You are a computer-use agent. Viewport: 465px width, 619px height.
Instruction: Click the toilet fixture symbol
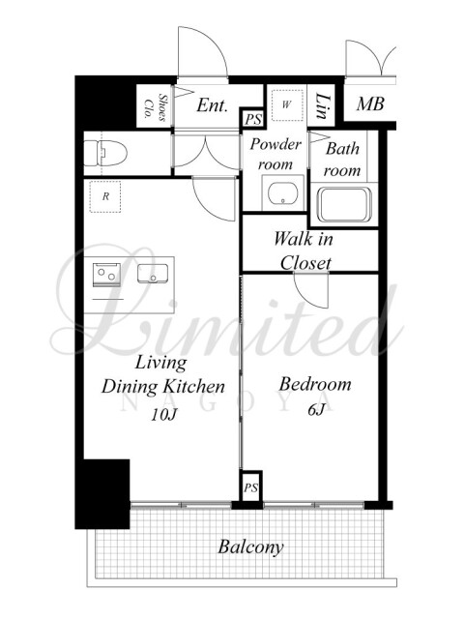[x=105, y=153]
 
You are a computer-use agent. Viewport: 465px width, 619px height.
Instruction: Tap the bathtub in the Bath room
[x=344, y=205]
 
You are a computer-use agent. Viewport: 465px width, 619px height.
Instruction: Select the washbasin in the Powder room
[x=282, y=193]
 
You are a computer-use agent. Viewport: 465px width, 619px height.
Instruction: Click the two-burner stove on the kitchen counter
[x=106, y=273]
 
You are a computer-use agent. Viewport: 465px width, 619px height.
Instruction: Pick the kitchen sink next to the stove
[x=153, y=273]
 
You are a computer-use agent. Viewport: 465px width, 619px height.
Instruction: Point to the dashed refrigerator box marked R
[x=105, y=196]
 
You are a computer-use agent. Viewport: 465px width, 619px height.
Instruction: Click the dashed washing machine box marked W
[x=287, y=105]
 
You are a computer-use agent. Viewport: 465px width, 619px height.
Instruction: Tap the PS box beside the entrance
[x=252, y=118]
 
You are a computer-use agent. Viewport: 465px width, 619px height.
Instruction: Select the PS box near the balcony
[x=251, y=487]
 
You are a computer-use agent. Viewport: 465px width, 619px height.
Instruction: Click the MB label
[x=370, y=104]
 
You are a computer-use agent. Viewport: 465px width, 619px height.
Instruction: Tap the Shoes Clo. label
[x=156, y=106]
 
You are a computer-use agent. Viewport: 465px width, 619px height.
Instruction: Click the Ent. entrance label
[x=213, y=105]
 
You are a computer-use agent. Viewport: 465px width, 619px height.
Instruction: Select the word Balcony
[x=251, y=547]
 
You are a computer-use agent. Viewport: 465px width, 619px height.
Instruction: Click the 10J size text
[x=163, y=414]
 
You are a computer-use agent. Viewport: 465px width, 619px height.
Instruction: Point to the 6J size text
[x=315, y=410]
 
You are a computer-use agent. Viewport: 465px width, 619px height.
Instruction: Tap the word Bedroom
[x=315, y=384]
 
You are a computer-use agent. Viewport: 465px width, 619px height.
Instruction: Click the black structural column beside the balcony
[x=102, y=493]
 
